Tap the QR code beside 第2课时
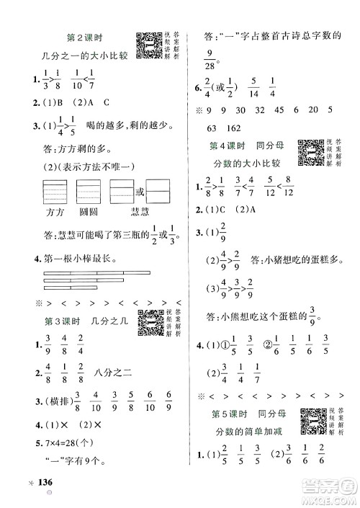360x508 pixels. pos(148,45)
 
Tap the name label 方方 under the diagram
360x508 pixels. pos(55,212)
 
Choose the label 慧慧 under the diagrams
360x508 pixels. pos(142,212)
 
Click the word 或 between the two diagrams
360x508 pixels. pos(140,191)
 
